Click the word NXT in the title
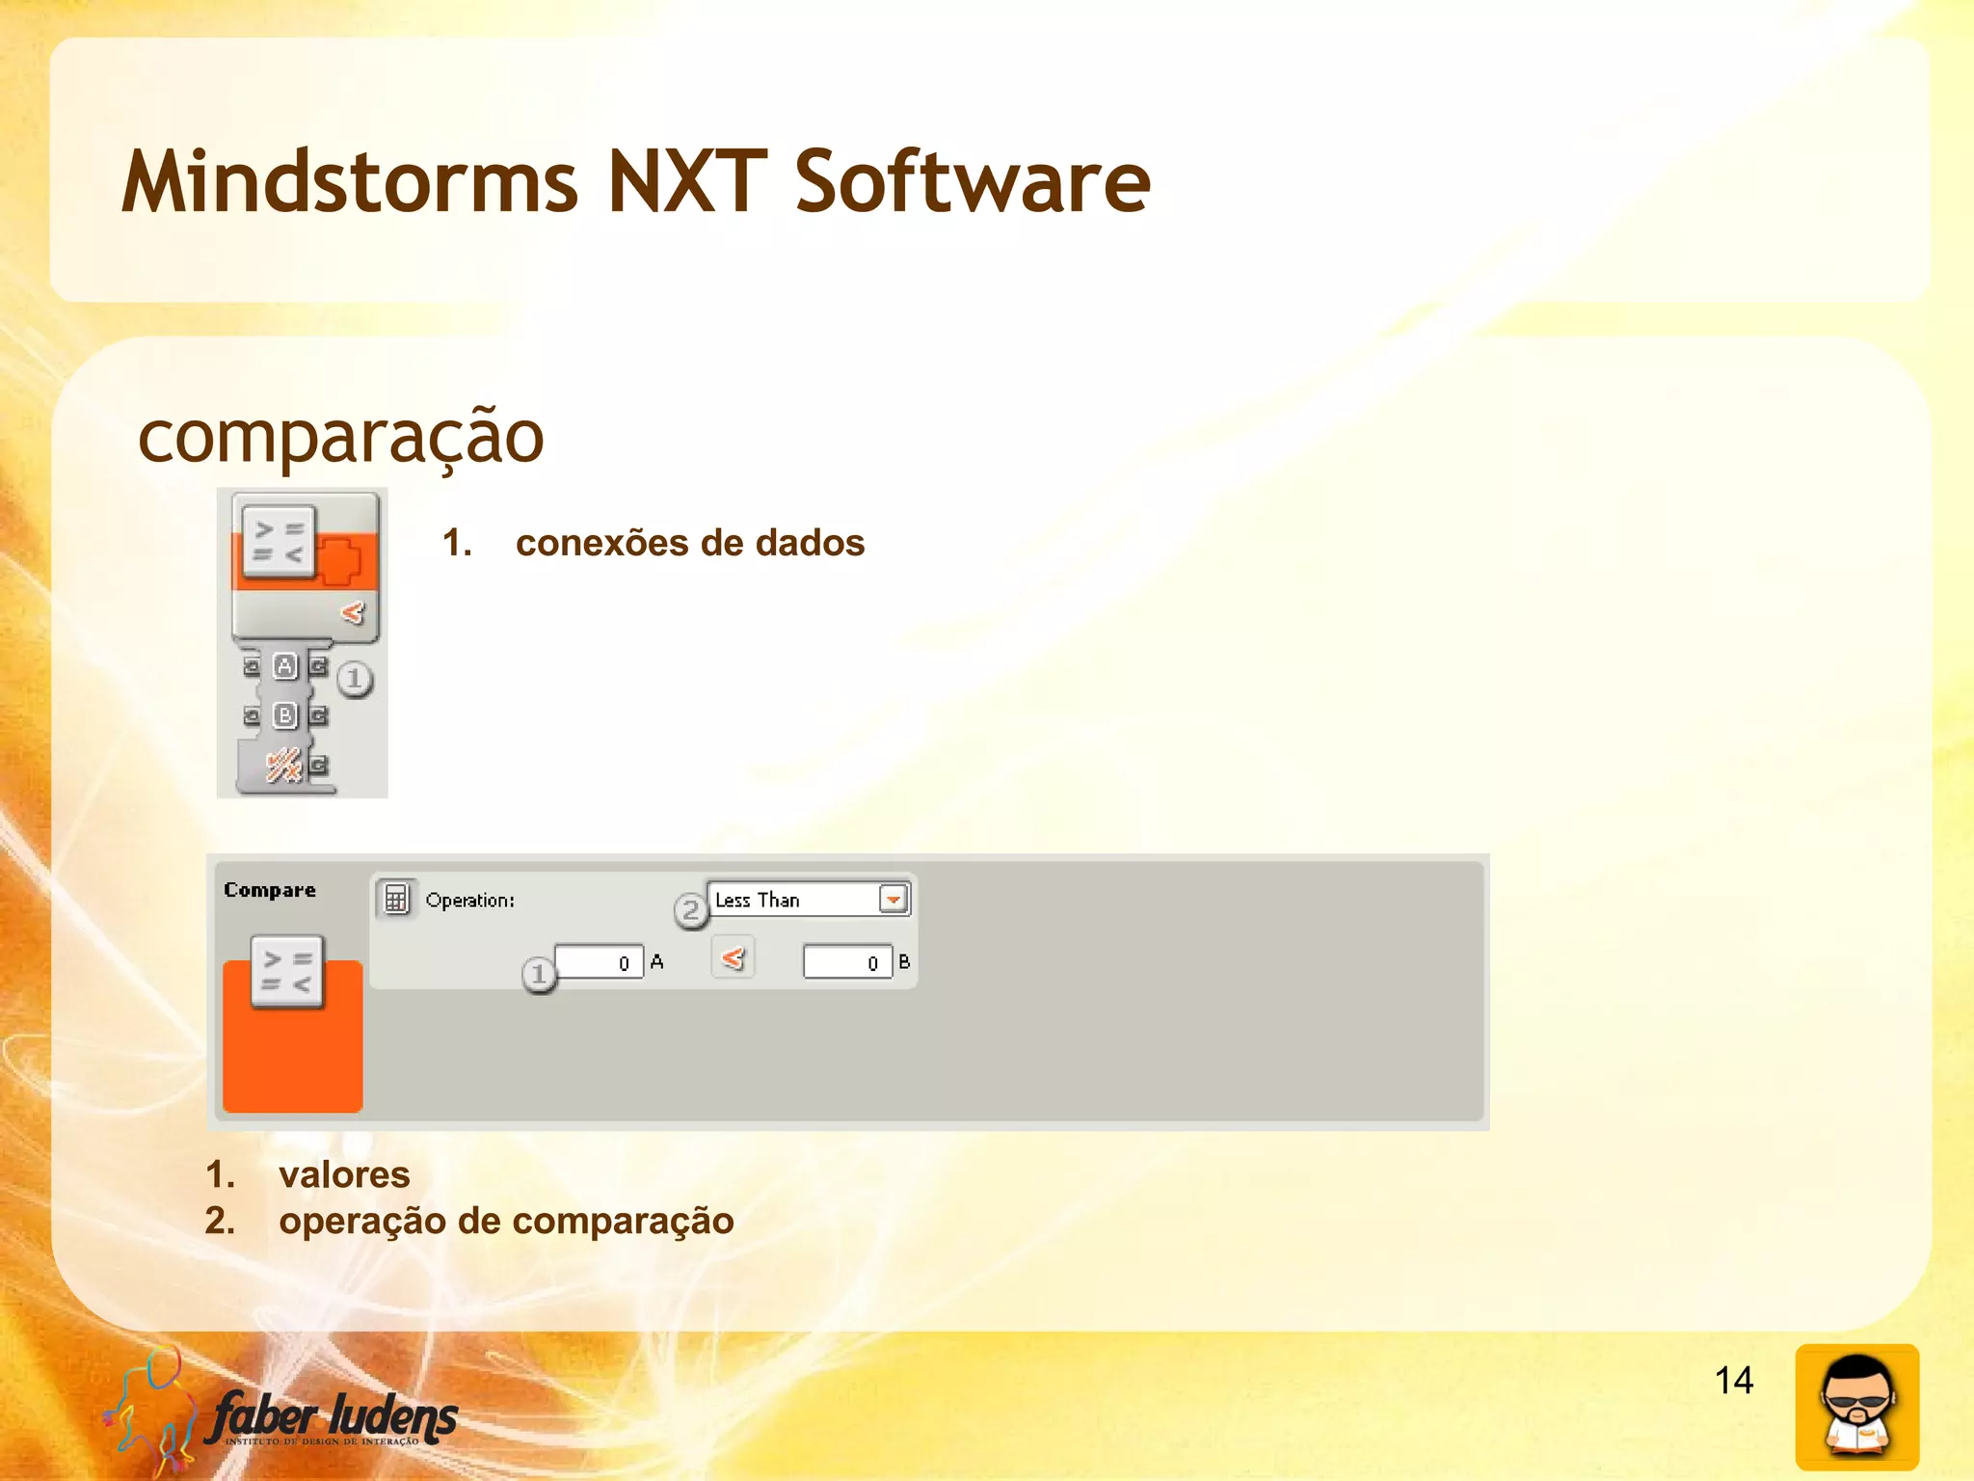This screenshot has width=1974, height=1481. tap(686, 182)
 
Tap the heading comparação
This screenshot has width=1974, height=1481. tap(341, 437)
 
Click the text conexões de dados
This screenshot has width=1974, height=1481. tap(689, 543)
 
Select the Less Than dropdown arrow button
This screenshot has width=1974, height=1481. tap(894, 900)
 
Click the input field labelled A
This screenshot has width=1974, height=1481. tap(599, 962)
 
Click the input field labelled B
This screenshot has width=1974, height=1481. tap(847, 962)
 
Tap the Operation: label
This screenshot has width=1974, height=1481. tap(469, 901)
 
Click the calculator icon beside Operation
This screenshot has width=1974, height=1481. tap(395, 899)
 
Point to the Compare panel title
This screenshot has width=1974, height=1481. tap(270, 890)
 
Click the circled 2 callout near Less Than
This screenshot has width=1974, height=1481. tap(690, 910)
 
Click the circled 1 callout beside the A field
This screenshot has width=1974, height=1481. tap(539, 975)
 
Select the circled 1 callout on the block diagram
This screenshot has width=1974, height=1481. tap(355, 679)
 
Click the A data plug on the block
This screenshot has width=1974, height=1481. tap(285, 666)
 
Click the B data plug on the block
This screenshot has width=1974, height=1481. tap(285, 715)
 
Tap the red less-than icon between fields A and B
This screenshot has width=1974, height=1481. tap(733, 958)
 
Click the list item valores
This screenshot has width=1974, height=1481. tap(344, 1174)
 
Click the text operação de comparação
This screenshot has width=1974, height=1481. tap(506, 1221)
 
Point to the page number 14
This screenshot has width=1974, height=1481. tap(1733, 1380)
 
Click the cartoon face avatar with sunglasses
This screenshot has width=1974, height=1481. tap(1856, 1407)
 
